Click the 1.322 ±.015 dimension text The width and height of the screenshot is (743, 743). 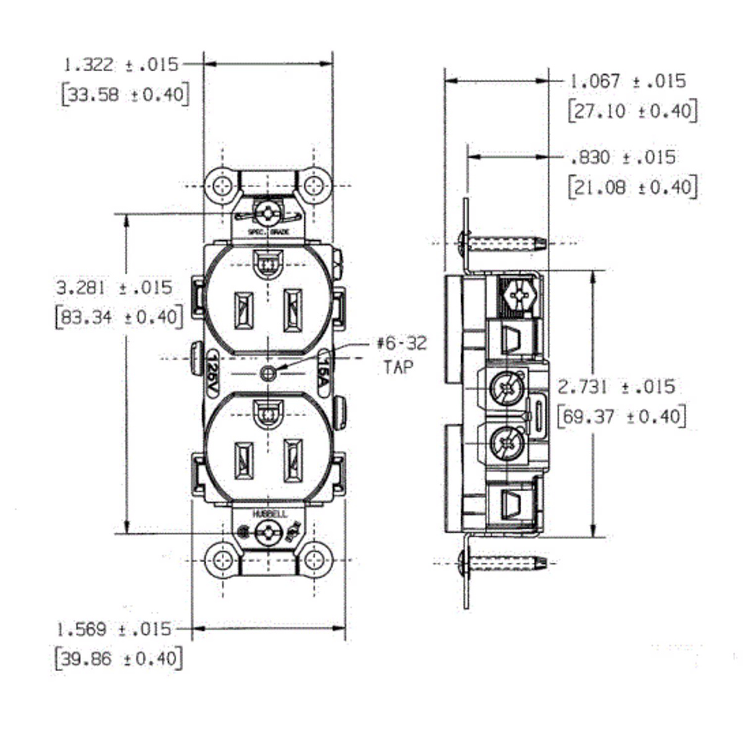point(121,64)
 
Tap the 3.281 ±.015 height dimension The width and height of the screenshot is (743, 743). point(115,288)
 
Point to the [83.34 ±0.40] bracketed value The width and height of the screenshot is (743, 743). point(119,317)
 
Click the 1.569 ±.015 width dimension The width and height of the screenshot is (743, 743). point(114,630)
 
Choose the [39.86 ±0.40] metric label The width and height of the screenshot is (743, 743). point(118,658)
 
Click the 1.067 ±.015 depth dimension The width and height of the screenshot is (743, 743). point(628,81)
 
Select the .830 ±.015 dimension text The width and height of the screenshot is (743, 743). point(623,157)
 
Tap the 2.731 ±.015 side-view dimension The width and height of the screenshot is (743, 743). point(616,387)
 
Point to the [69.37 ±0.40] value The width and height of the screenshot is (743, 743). point(622,416)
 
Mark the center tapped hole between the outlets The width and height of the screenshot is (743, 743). point(268,373)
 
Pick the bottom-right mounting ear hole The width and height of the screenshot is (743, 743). point(315,560)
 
